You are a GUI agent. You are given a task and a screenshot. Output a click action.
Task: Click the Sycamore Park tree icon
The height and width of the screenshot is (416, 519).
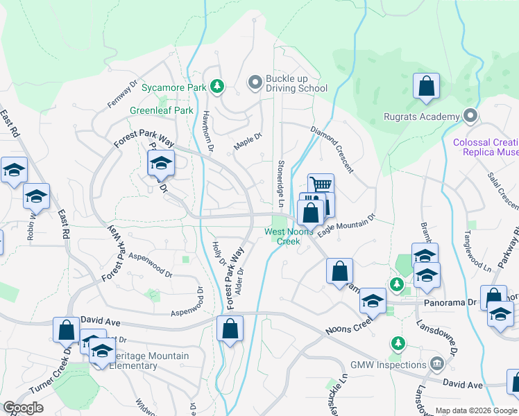tap(218, 86)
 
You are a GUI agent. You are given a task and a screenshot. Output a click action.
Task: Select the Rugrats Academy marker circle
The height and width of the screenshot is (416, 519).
tap(471, 116)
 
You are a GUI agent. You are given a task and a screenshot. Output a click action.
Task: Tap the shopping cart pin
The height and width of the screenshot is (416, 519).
tap(321, 185)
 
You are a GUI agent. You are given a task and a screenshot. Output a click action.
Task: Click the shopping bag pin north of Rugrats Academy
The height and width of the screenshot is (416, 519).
tap(426, 87)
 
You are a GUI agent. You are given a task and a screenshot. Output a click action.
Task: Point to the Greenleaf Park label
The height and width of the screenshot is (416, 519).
tap(162, 110)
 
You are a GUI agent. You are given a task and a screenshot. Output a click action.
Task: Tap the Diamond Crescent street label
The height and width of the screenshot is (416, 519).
tap(332, 149)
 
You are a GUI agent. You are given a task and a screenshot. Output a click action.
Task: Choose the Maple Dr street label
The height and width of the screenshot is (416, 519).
tap(248, 141)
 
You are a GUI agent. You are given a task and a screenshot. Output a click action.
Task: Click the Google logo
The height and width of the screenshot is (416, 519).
tap(23, 408)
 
